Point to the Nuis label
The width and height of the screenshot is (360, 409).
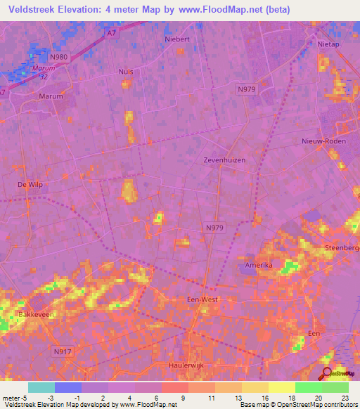click(126, 72)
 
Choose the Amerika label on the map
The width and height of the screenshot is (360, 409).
click(258, 265)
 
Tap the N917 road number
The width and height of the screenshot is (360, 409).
click(63, 349)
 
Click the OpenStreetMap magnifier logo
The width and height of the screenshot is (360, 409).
click(327, 374)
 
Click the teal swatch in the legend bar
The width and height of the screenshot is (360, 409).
click(41, 387)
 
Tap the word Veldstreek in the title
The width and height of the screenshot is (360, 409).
click(34, 10)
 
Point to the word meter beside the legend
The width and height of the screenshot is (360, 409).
click(12, 398)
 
